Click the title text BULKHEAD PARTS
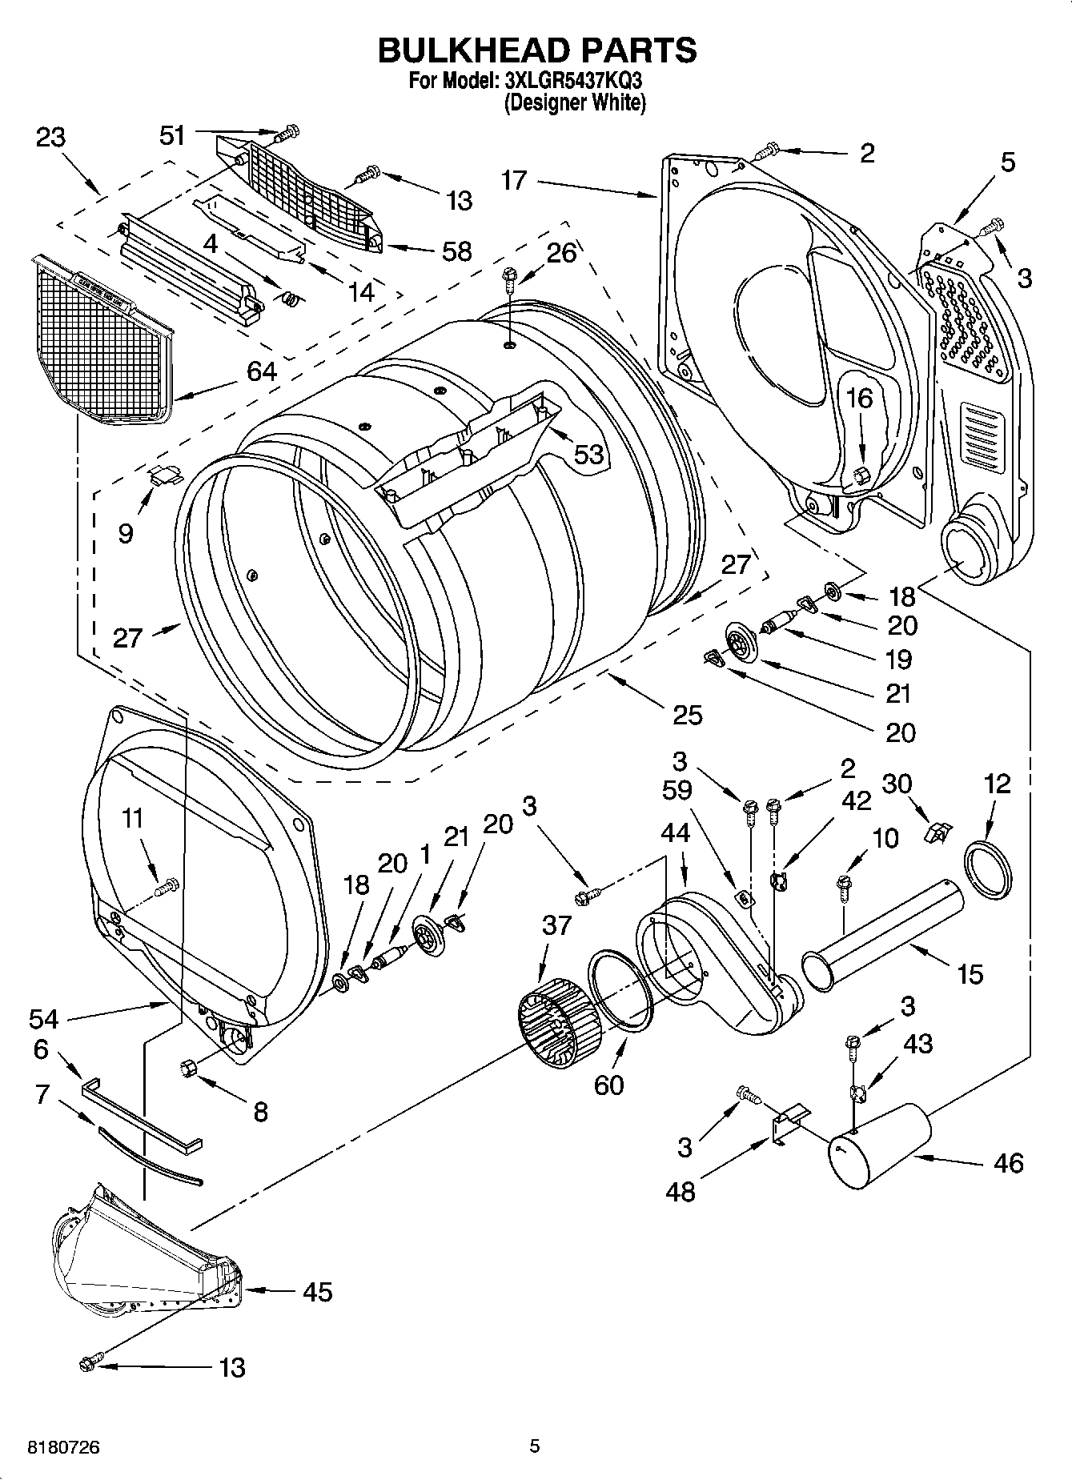click(536, 50)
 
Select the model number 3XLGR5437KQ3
click(572, 81)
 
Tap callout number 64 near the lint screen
click(262, 371)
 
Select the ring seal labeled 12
click(990, 868)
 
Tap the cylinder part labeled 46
click(879, 1145)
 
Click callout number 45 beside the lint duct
click(317, 1292)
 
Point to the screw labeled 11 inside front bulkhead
click(169, 886)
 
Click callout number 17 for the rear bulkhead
click(514, 181)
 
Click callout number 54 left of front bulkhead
click(43, 1019)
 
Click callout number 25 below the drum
click(687, 714)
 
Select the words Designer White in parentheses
click(574, 102)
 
